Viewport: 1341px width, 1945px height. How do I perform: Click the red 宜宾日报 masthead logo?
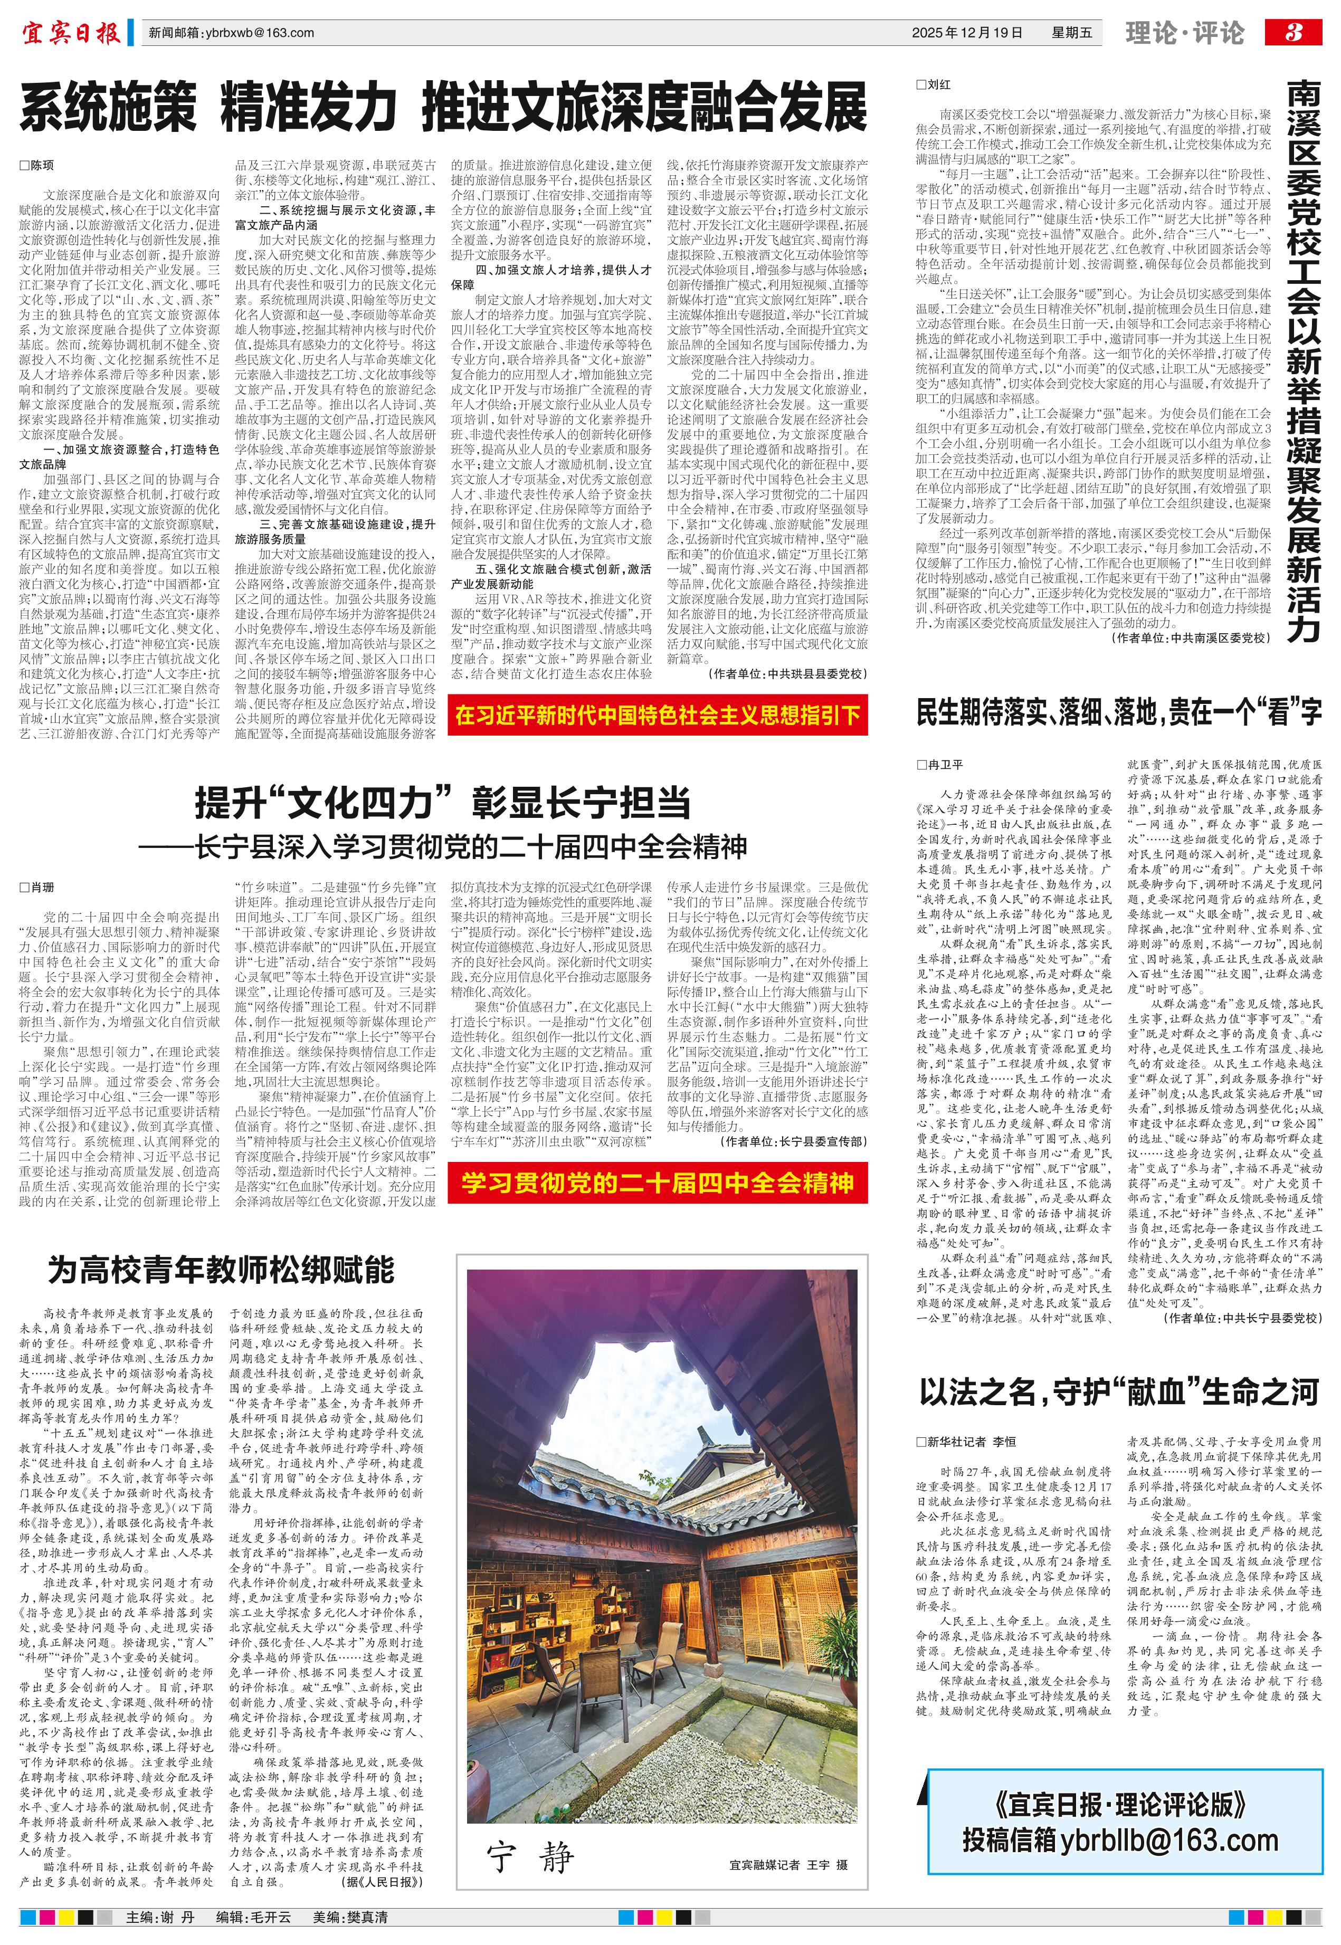coord(71,34)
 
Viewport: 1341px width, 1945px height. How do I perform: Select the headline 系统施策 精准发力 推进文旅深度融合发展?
coord(443,108)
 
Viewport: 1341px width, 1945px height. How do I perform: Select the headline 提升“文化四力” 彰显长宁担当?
coord(443,803)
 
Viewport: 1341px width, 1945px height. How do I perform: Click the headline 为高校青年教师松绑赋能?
coord(221,1270)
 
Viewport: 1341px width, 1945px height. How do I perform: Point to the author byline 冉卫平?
coord(945,765)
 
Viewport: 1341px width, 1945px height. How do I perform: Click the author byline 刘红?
coord(938,85)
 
